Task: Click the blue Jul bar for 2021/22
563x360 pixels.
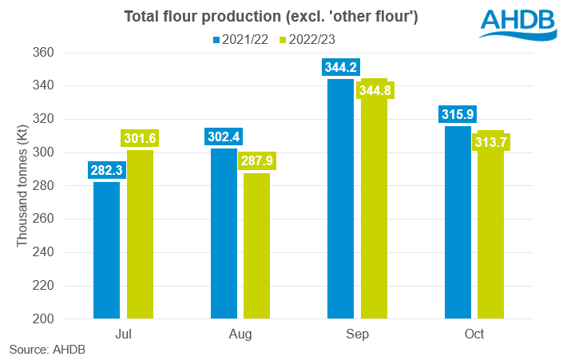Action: [107, 250]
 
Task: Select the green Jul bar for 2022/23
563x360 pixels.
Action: [140, 234]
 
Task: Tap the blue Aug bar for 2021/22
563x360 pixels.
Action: [224, 233]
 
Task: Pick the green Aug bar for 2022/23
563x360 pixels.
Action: [256, 246]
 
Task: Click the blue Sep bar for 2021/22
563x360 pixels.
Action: [340, 199]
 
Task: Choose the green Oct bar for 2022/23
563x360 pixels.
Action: [490, 224]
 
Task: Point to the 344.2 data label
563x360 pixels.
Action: [341, 67]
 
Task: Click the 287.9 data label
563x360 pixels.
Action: [257, 160]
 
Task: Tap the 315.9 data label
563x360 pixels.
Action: [458, 114]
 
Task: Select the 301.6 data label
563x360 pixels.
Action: [140, 138]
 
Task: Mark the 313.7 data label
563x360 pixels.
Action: [491, 142]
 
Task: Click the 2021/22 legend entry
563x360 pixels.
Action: [240, 39]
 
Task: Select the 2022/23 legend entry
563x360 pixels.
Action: [307, 39]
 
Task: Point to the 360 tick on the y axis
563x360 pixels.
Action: [43, 53]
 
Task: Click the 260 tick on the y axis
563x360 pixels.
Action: [43, 219]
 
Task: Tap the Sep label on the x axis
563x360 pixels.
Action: [357, 334]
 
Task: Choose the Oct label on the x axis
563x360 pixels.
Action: [474, 334]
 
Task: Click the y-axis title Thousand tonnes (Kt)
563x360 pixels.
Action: [22, 186]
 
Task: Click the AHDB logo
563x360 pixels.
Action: [518, 24]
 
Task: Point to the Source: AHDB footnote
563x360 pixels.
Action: [47, 350]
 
